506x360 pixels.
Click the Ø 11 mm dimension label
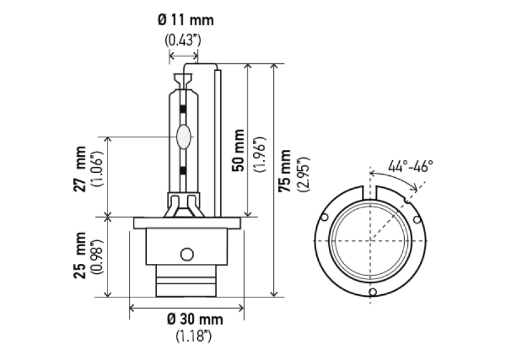pyautogui.click(x=185, y=20)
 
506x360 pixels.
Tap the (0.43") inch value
pyautogui.click(x=183, y=40)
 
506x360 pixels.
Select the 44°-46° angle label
pyautogui.click(x=410, y=166)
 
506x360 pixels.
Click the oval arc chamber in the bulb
pyautogui.click(x=184, y=136)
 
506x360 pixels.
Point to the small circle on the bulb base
pyautogui.click(x=186, y=254)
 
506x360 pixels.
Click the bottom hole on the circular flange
pyautogui.click(x=373, y=292)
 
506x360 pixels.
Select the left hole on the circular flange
pyautogui.click(x=324, y=218)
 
